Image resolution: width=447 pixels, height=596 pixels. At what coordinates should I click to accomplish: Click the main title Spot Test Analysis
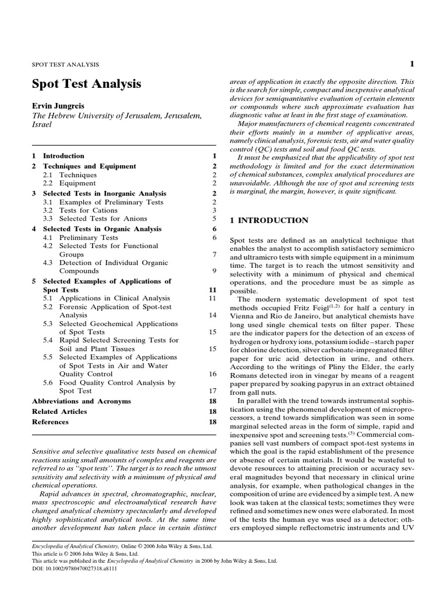86,84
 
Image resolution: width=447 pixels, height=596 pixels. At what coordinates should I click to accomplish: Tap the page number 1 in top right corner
411,64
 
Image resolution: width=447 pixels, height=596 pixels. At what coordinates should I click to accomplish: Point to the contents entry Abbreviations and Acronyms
81,402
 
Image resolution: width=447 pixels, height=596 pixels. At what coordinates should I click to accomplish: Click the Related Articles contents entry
59,411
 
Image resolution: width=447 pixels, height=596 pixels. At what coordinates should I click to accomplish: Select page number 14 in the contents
212,315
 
